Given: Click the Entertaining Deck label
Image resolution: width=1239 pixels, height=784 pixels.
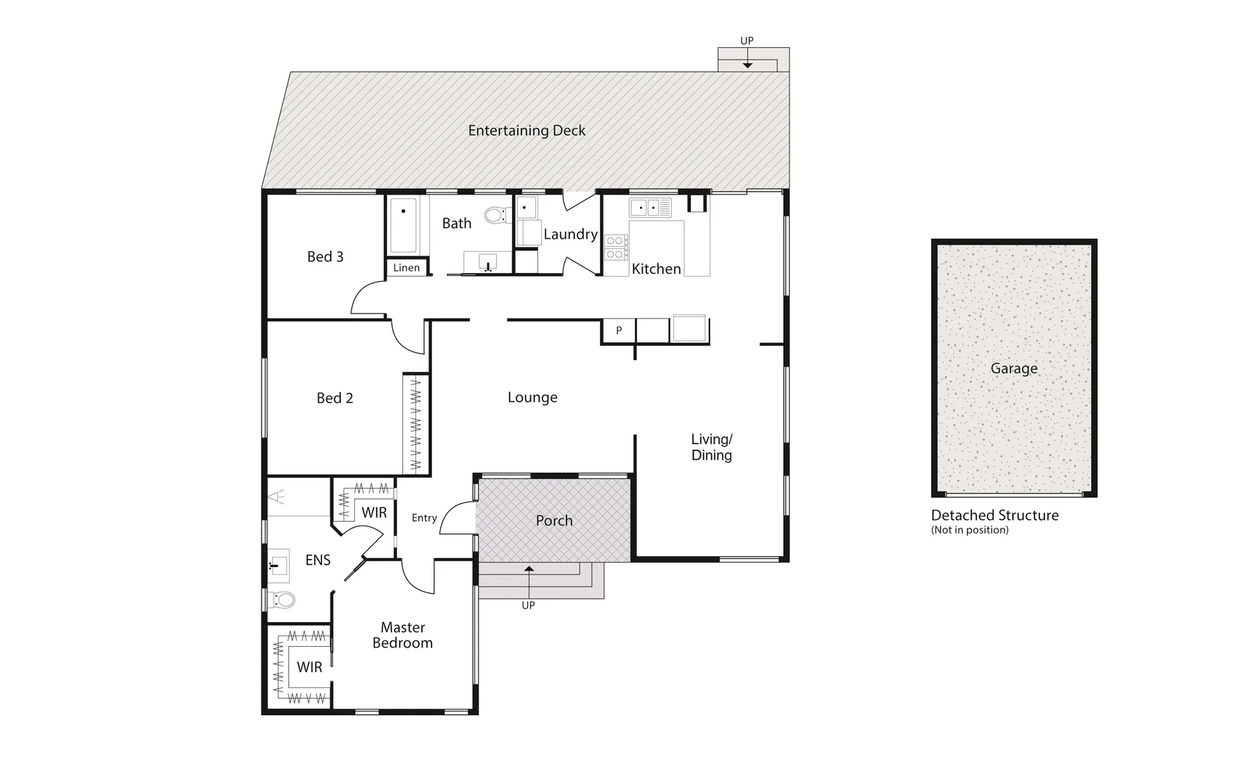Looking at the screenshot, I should coord(527,131).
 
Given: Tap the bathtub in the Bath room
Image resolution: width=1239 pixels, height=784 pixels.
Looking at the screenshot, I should coord(403,224).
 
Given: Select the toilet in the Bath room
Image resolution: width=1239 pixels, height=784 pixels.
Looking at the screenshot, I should coord(497,215).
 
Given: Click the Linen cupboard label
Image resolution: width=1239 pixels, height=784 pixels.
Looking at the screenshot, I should coord(406,268).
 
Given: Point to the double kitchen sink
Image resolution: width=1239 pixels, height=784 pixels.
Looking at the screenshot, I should coord(650,208).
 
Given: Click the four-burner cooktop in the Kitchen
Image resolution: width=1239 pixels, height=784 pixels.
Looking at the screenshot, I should coord(616,247).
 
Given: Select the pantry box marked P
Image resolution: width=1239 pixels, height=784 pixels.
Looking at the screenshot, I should coord(619,330).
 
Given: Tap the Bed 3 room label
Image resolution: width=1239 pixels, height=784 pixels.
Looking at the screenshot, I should coord(325,256).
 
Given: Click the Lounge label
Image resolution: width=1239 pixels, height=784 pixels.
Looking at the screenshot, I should coord(532,397).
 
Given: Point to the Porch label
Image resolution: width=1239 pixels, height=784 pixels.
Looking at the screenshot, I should coord(554,520).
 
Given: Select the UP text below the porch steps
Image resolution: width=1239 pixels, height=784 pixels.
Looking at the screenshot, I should coord(528,605).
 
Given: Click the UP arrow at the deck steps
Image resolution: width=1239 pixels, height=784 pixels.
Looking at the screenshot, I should coord(747,64).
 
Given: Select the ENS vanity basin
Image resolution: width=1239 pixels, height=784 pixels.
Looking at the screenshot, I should coord(278,565).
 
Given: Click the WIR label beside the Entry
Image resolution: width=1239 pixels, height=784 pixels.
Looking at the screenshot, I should coord(374,513).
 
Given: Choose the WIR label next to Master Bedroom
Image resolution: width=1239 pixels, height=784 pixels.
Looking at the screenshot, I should coord(309,667).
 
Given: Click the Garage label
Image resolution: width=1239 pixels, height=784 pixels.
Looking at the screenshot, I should coord(1014,368).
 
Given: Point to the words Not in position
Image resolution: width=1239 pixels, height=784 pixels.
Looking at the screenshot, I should coord(970,530).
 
